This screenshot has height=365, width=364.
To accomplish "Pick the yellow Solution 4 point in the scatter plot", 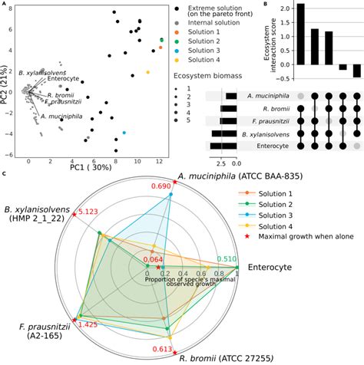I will [x=147, y=72].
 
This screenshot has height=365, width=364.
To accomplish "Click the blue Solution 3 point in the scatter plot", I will [x=124, y=133].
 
